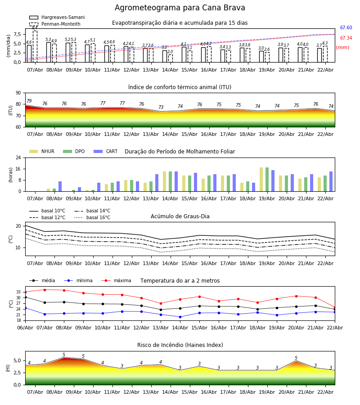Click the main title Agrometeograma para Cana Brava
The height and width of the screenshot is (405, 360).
[180, 8]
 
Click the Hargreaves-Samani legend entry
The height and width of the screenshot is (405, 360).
[63, 18]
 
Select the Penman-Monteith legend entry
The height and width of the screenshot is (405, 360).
[61, 24]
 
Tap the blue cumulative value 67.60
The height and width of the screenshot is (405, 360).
[346, 28]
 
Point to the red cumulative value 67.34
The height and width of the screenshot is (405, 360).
[346, 38]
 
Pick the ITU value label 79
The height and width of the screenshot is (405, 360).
[29, 101]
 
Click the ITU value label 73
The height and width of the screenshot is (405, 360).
[161, 108]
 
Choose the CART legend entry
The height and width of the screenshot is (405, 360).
[112, 152]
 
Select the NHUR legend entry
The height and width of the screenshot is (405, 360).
[47, 152]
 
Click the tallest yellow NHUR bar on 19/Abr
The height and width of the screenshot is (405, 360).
[261, 179]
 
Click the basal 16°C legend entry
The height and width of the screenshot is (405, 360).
[98, 218]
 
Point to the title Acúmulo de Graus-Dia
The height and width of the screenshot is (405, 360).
[180, 216]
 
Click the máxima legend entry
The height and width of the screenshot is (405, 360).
[122, 281]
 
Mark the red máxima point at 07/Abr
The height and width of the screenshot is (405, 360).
[45, 290]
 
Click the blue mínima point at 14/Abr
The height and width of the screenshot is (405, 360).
[180, 317]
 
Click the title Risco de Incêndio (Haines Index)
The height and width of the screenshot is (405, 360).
[180, 345]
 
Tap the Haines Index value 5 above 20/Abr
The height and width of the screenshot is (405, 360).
[296, 358]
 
